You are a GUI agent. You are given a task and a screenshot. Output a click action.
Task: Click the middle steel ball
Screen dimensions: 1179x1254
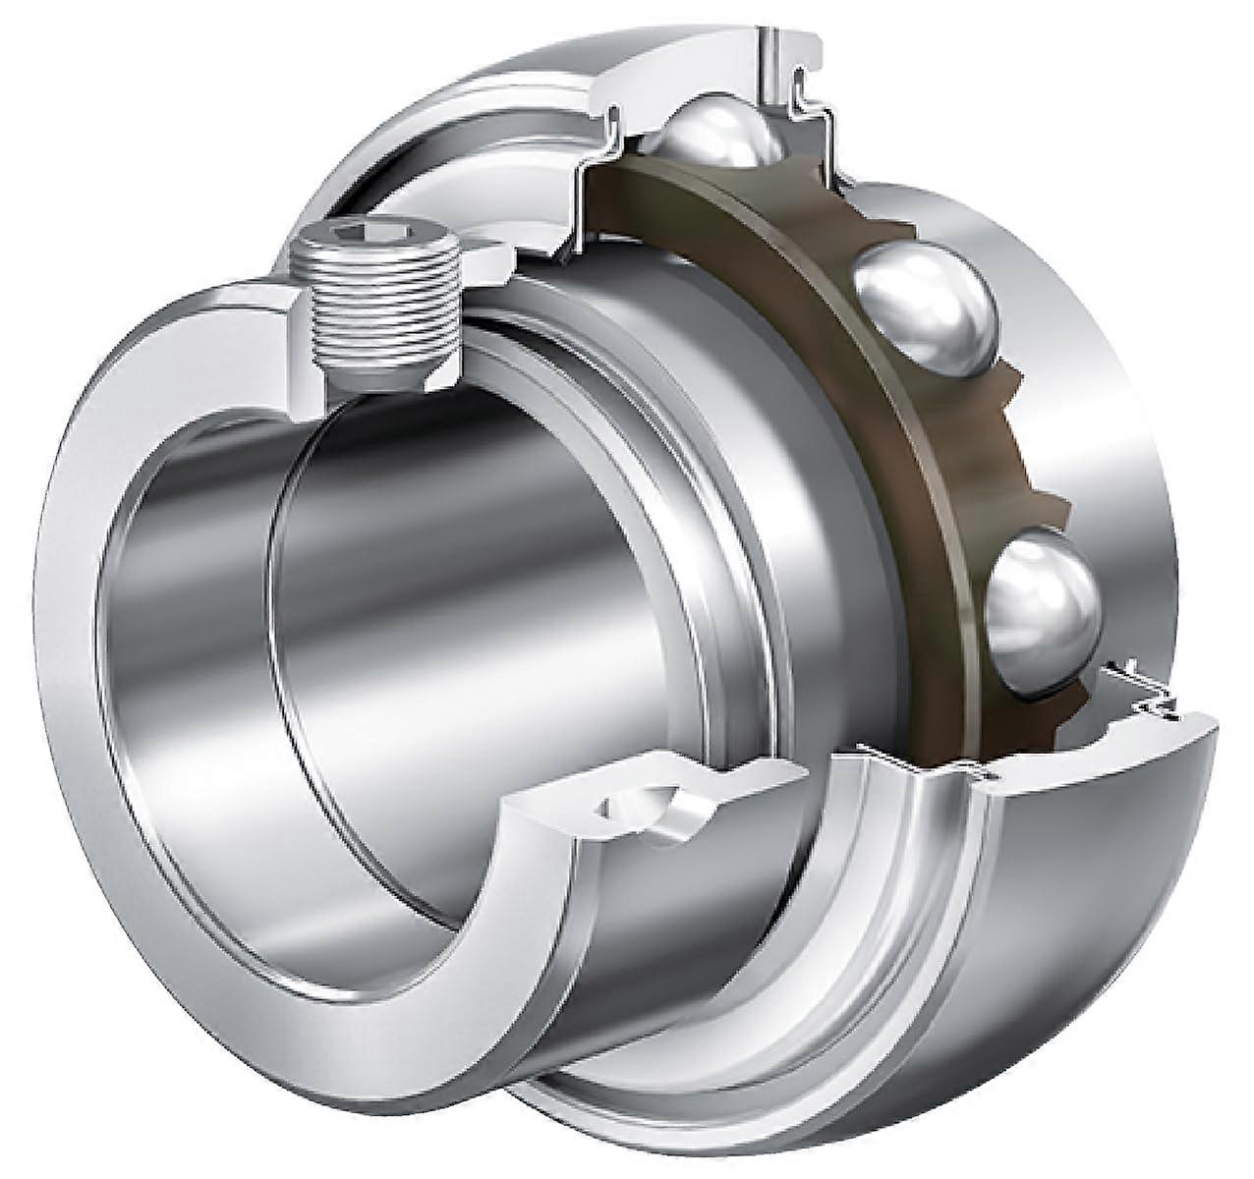pos(924,309)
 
